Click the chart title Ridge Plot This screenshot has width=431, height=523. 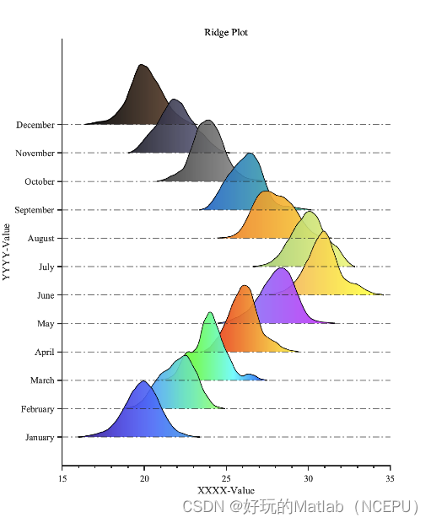point(225,33)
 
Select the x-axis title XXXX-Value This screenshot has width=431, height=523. point(225,490)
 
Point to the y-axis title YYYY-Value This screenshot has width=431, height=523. point(7,251)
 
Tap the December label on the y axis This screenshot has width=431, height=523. point(35,125)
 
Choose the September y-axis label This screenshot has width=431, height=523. point(34,210)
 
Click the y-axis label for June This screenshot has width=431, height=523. point(46,296)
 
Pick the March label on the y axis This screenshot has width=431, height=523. point(42,380)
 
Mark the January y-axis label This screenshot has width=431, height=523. point(40,438)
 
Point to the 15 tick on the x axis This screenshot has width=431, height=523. point(62,478)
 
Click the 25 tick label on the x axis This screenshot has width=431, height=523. point(226,478)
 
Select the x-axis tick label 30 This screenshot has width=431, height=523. point(308,478)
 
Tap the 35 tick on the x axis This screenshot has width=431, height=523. point(390,478)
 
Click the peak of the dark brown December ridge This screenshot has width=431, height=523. point(143,66)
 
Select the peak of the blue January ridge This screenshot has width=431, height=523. point(143,381)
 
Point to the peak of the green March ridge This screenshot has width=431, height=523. point(209,313)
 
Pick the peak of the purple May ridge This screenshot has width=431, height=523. point(282,268)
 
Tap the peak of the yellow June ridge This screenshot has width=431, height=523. point(323,232)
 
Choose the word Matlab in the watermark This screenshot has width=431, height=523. point(319,507)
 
